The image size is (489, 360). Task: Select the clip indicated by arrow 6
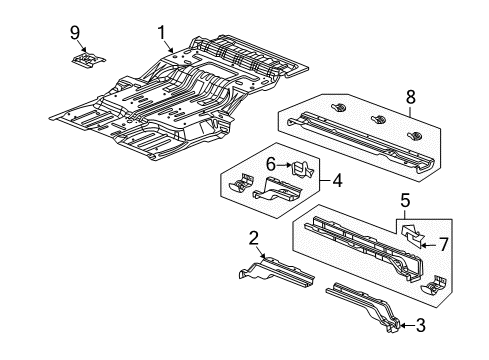point(296,168)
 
